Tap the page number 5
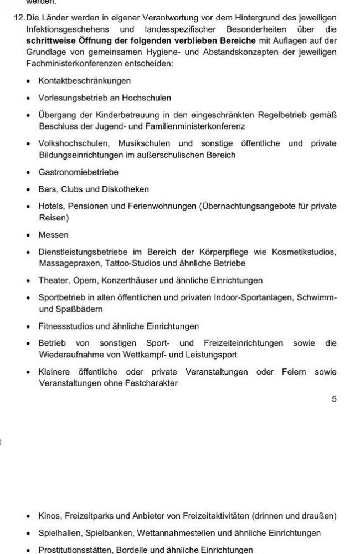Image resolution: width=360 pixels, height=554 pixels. click(x=334, y=398)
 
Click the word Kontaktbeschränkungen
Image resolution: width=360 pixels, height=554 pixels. click(x=76, y=81)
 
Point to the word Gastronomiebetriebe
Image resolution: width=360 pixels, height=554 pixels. click(x=70, y=172)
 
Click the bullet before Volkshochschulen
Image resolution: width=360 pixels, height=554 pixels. click(x=28, y=144)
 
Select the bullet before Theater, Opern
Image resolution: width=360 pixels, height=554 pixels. click(x=28, y=281)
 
